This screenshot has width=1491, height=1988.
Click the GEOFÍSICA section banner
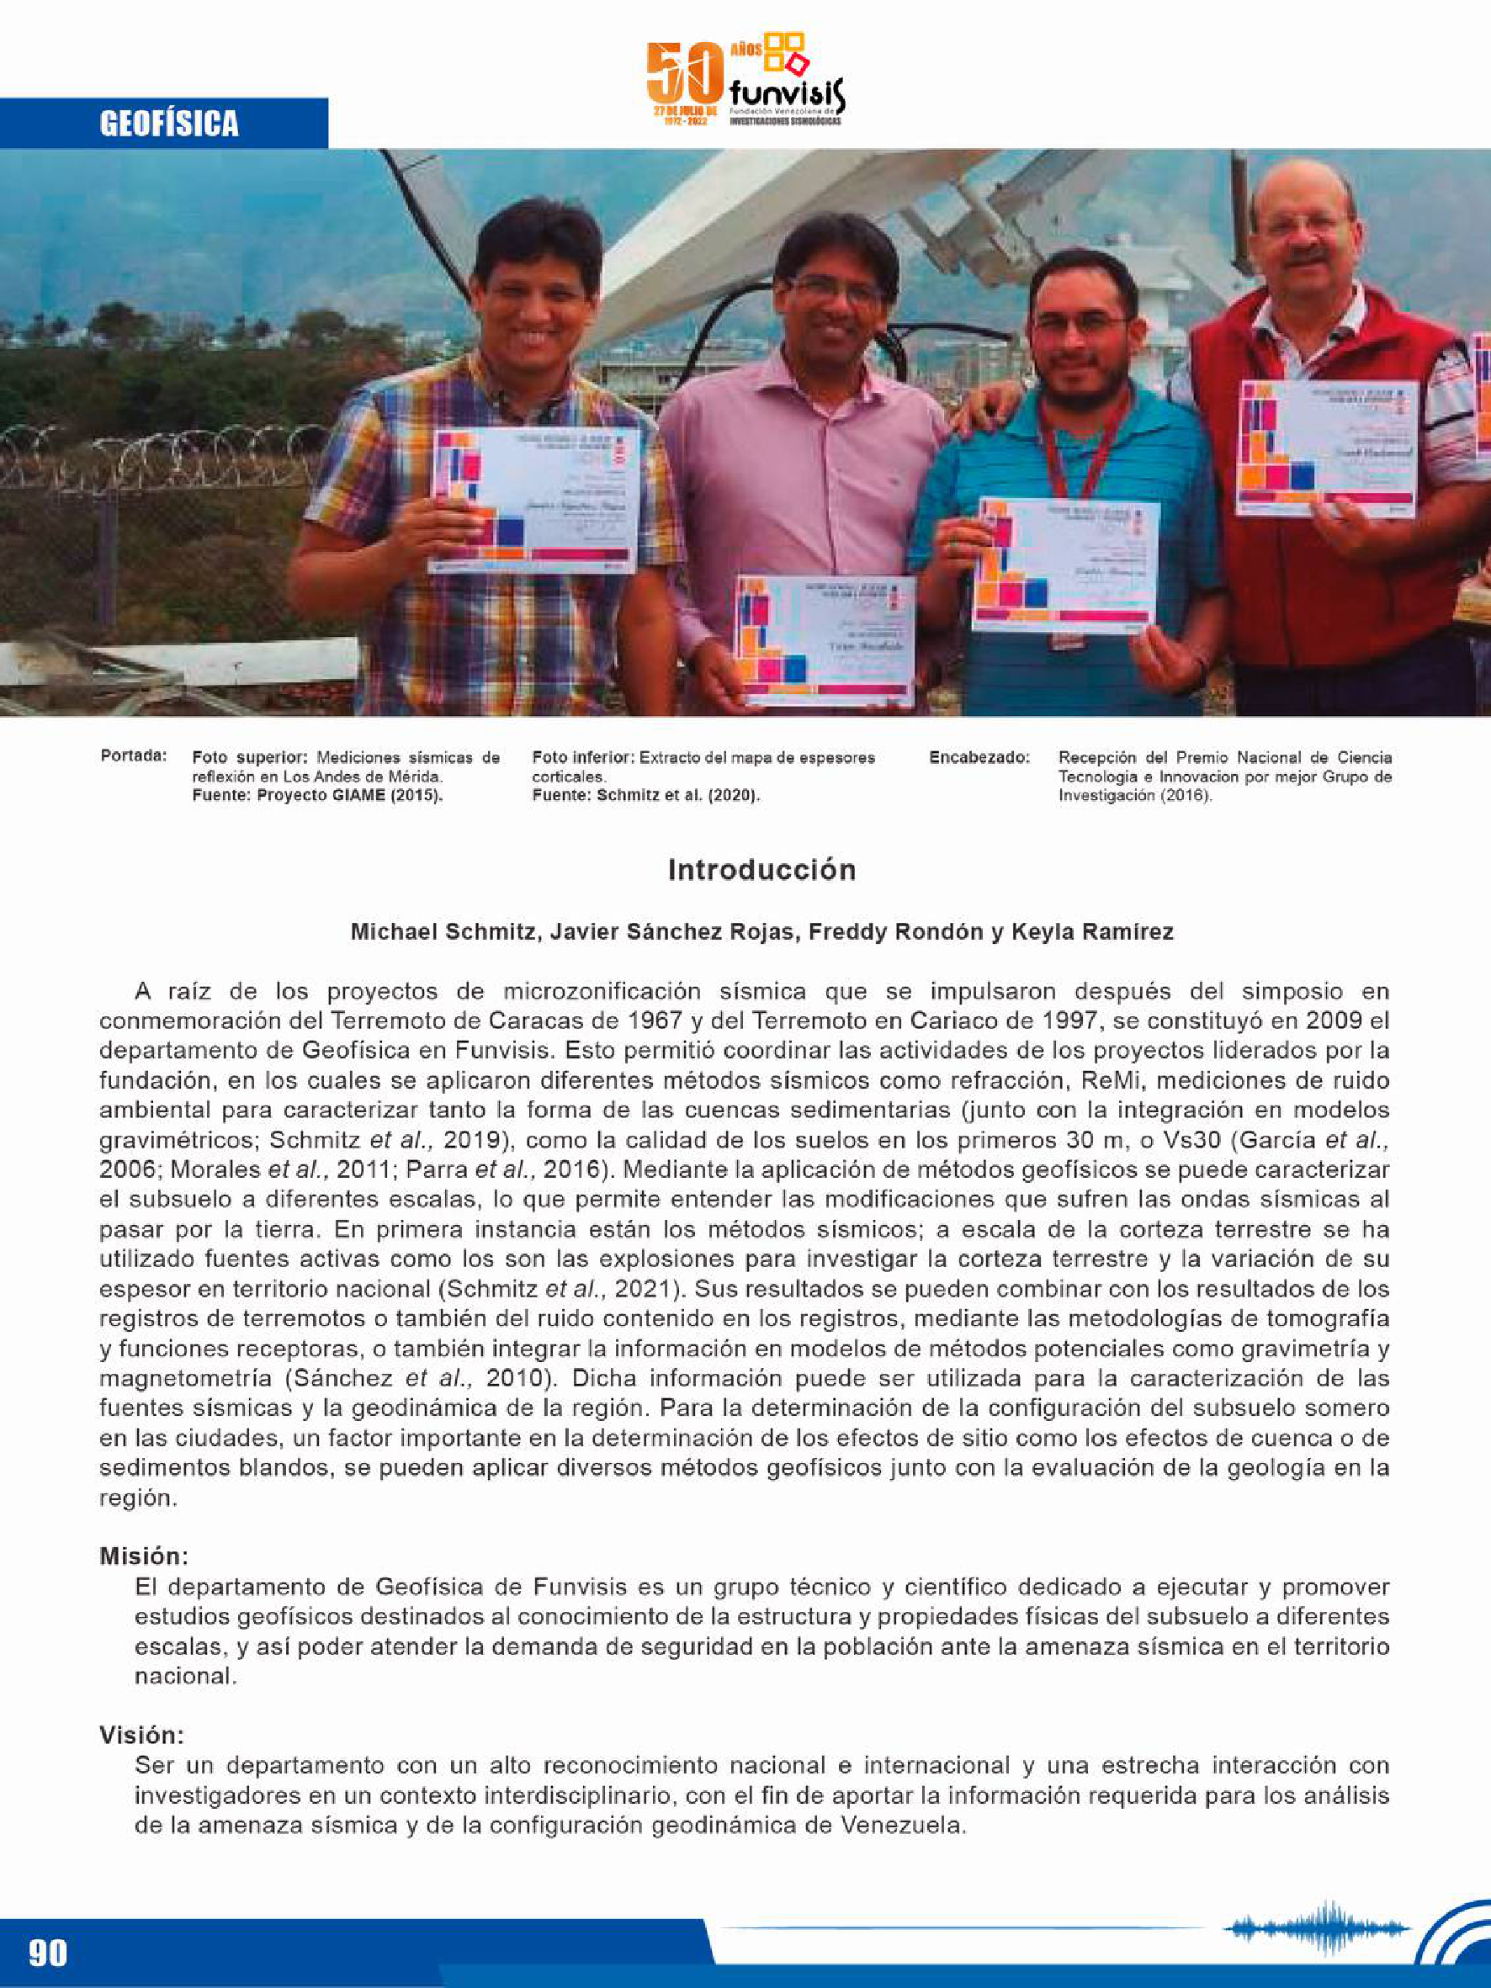click(169, 123)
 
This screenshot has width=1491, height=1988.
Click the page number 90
click(47, 1953)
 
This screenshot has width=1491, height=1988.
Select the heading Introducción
click(761, 870)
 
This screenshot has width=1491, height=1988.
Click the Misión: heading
click(144, 1556)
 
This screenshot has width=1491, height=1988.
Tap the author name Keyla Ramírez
click(1092, 932)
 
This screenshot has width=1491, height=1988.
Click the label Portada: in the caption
click(133, 755)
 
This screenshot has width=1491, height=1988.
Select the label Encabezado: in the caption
click(979, 758)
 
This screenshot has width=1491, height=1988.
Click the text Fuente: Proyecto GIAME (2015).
click(317, 795)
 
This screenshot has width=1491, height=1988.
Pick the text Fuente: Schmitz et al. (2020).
click(645, 795)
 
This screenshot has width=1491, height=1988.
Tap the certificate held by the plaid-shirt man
click(537, 500)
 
